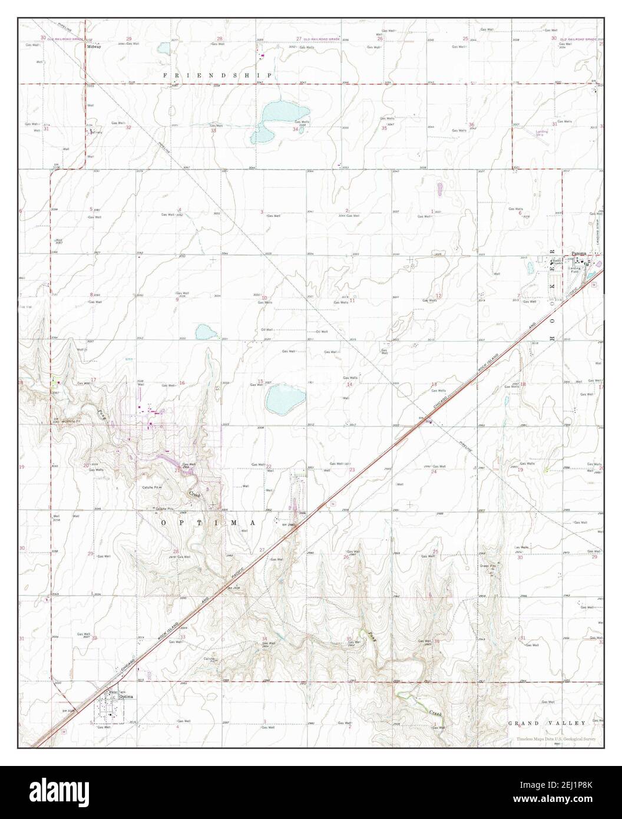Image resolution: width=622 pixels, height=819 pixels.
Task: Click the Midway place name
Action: (x=94, y=46)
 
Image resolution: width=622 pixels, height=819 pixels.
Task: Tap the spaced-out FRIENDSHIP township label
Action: (x=217, y=75)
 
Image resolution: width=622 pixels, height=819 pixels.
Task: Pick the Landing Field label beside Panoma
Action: (x=575, y=270)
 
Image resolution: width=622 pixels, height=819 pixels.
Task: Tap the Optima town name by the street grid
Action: (x=127, y=696)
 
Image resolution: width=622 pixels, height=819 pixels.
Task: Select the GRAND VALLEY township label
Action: (x=547, y=723)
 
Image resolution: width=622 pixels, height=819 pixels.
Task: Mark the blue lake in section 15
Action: (x=284, y=400)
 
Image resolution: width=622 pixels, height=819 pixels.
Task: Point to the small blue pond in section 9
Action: (x=207, y=332)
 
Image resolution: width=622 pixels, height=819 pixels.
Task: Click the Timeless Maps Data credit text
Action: (x=556, y=739)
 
